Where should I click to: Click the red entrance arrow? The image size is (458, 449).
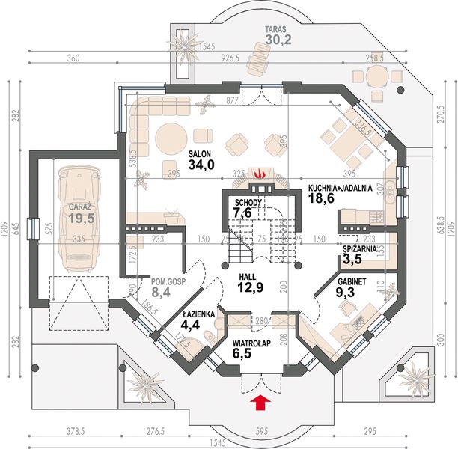tap(260, 404)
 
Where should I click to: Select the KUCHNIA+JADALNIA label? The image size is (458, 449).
tap(341, 189)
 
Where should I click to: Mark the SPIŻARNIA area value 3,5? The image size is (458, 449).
tap(351, 259)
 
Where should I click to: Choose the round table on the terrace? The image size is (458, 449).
tap(375, 76)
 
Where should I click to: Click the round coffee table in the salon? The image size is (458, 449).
tap(172, 137)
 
